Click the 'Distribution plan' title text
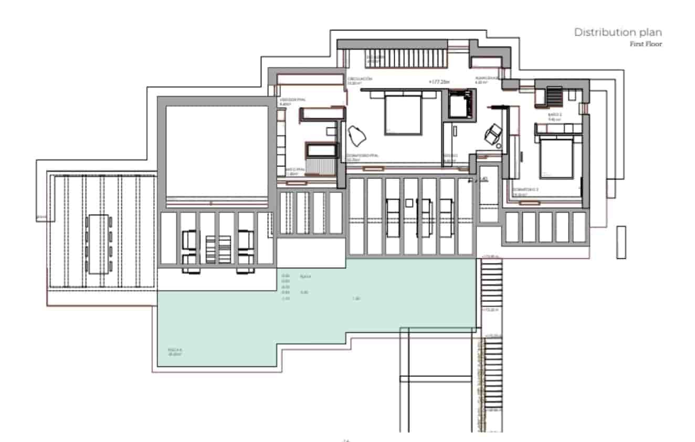(x=618, y=32)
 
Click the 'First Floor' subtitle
(x=646, y=44)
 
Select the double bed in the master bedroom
(x=403, y=112)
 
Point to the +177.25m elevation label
(x=439, y=82)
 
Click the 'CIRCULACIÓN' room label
(x=360, y=79)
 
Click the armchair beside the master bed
(x=357, y=136)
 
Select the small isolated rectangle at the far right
(x=621, y=242)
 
